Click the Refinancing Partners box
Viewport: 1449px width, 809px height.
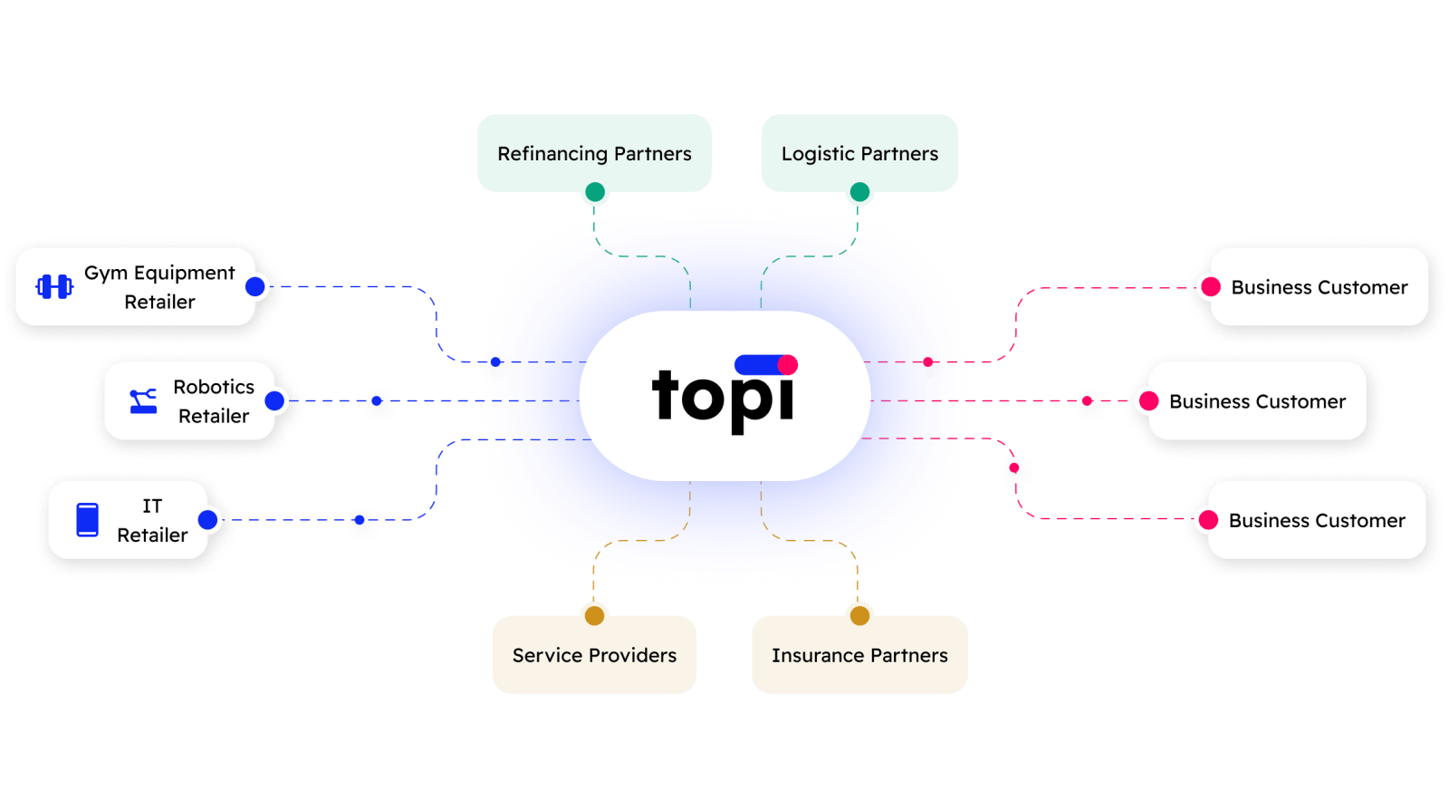coord(594,153)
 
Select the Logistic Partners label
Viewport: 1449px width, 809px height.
coord(859,154)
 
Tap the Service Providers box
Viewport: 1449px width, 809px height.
coord(594,655)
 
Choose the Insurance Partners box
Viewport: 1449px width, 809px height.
coord(859,655)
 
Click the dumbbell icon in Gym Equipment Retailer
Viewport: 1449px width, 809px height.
coord(54,287)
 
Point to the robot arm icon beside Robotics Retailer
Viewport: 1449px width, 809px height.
coord(143,401)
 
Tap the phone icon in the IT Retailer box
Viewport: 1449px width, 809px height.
coord(88,520)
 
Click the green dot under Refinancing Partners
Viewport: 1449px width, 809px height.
coord(595,192)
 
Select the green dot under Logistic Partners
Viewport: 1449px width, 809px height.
coord(859,192)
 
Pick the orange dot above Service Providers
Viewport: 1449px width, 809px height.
coord(594,616)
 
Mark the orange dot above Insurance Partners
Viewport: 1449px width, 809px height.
coord(859,616)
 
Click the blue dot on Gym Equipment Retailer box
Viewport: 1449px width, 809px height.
coord(255,287)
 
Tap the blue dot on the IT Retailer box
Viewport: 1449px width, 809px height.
coord(208,520)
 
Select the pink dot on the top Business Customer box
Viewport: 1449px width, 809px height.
coord(1210,287)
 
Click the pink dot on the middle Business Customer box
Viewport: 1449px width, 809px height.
coord(1148,401)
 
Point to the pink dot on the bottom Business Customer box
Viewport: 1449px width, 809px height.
coord(1208,520)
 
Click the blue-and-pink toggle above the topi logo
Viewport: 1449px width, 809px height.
coord(766,364)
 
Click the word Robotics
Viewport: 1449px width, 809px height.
coord(214,387)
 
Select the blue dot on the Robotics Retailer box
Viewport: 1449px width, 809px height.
coord(275,401)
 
